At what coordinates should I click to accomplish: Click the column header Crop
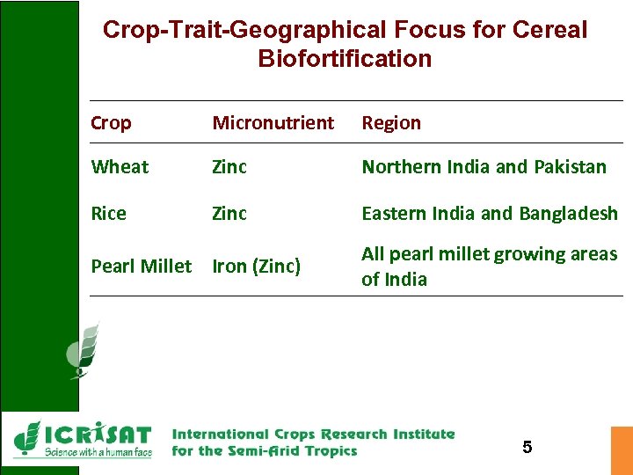click(111, 123)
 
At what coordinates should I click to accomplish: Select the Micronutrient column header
click(273, 123)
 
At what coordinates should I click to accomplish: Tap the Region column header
click(391, 123)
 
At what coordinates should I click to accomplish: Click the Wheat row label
click(120, 167)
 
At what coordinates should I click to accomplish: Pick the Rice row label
click(108, 214)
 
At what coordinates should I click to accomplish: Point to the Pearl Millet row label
click(141, 266)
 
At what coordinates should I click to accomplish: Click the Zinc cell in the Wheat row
click(229, 167)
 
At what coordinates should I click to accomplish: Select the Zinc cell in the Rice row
click(229, 214)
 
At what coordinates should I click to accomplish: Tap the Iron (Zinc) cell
click(256, 266)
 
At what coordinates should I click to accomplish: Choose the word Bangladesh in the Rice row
click(568, 214)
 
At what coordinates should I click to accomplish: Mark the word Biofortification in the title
click(345, 59)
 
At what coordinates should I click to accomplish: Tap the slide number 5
click(527, 447)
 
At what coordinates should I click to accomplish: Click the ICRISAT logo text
click(97, 435)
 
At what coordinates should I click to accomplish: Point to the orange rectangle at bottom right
click(622, 450)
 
